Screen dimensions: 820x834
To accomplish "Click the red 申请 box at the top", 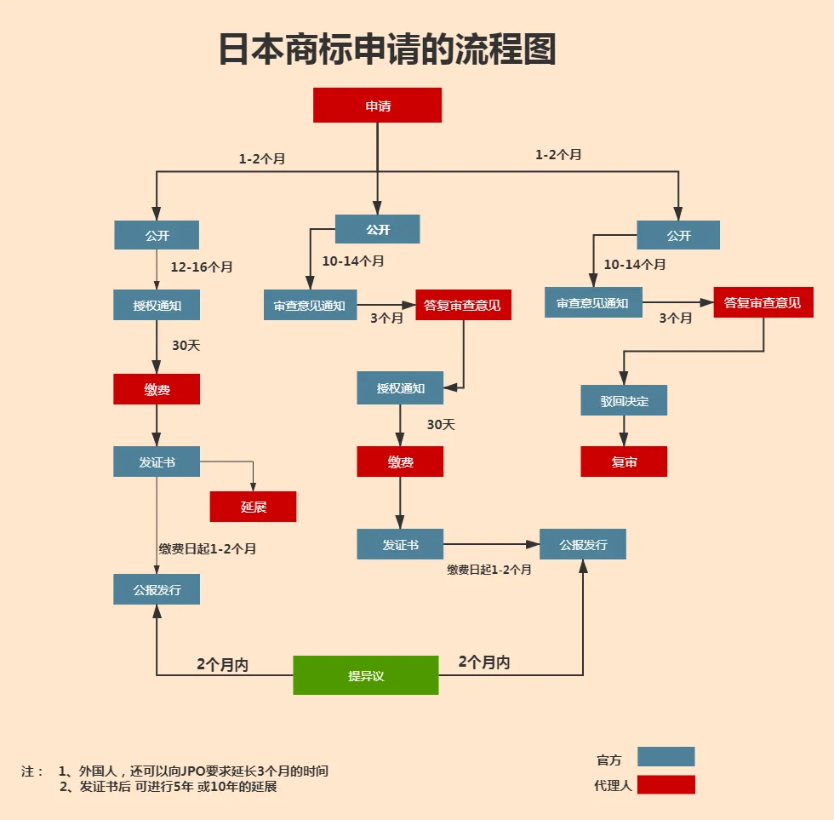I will coord(377,106).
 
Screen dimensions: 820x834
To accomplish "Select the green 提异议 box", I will coord(366,675).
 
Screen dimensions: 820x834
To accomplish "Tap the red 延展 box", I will coord(253,507).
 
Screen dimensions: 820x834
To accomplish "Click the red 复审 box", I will coord(624,462).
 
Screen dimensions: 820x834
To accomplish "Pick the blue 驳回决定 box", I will coord(624,400).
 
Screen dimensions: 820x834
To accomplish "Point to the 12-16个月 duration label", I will coord(202,267).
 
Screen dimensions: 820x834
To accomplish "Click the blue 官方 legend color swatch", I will coord(665,757).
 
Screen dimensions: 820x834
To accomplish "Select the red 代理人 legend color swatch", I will coord(665,784).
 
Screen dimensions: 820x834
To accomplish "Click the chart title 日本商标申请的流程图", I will coord(387,49).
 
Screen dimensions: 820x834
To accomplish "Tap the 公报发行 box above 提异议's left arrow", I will coord(157,589).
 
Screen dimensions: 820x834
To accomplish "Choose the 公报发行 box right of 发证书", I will coord(583,544).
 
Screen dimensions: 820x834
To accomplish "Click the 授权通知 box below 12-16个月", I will coord(157,305).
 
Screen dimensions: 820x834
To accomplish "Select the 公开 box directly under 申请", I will coord(377,229).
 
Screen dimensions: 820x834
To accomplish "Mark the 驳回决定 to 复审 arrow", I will coord(624,431).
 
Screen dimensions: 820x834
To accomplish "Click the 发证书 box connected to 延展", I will coord(157,462).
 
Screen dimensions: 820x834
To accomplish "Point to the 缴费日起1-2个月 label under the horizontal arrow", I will coord(489,570).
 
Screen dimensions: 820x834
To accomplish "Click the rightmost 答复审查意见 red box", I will coord(763,302).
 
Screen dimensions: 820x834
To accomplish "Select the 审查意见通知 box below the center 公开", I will coord(310,305).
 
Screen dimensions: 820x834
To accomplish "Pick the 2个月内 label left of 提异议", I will coord(222,665).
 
